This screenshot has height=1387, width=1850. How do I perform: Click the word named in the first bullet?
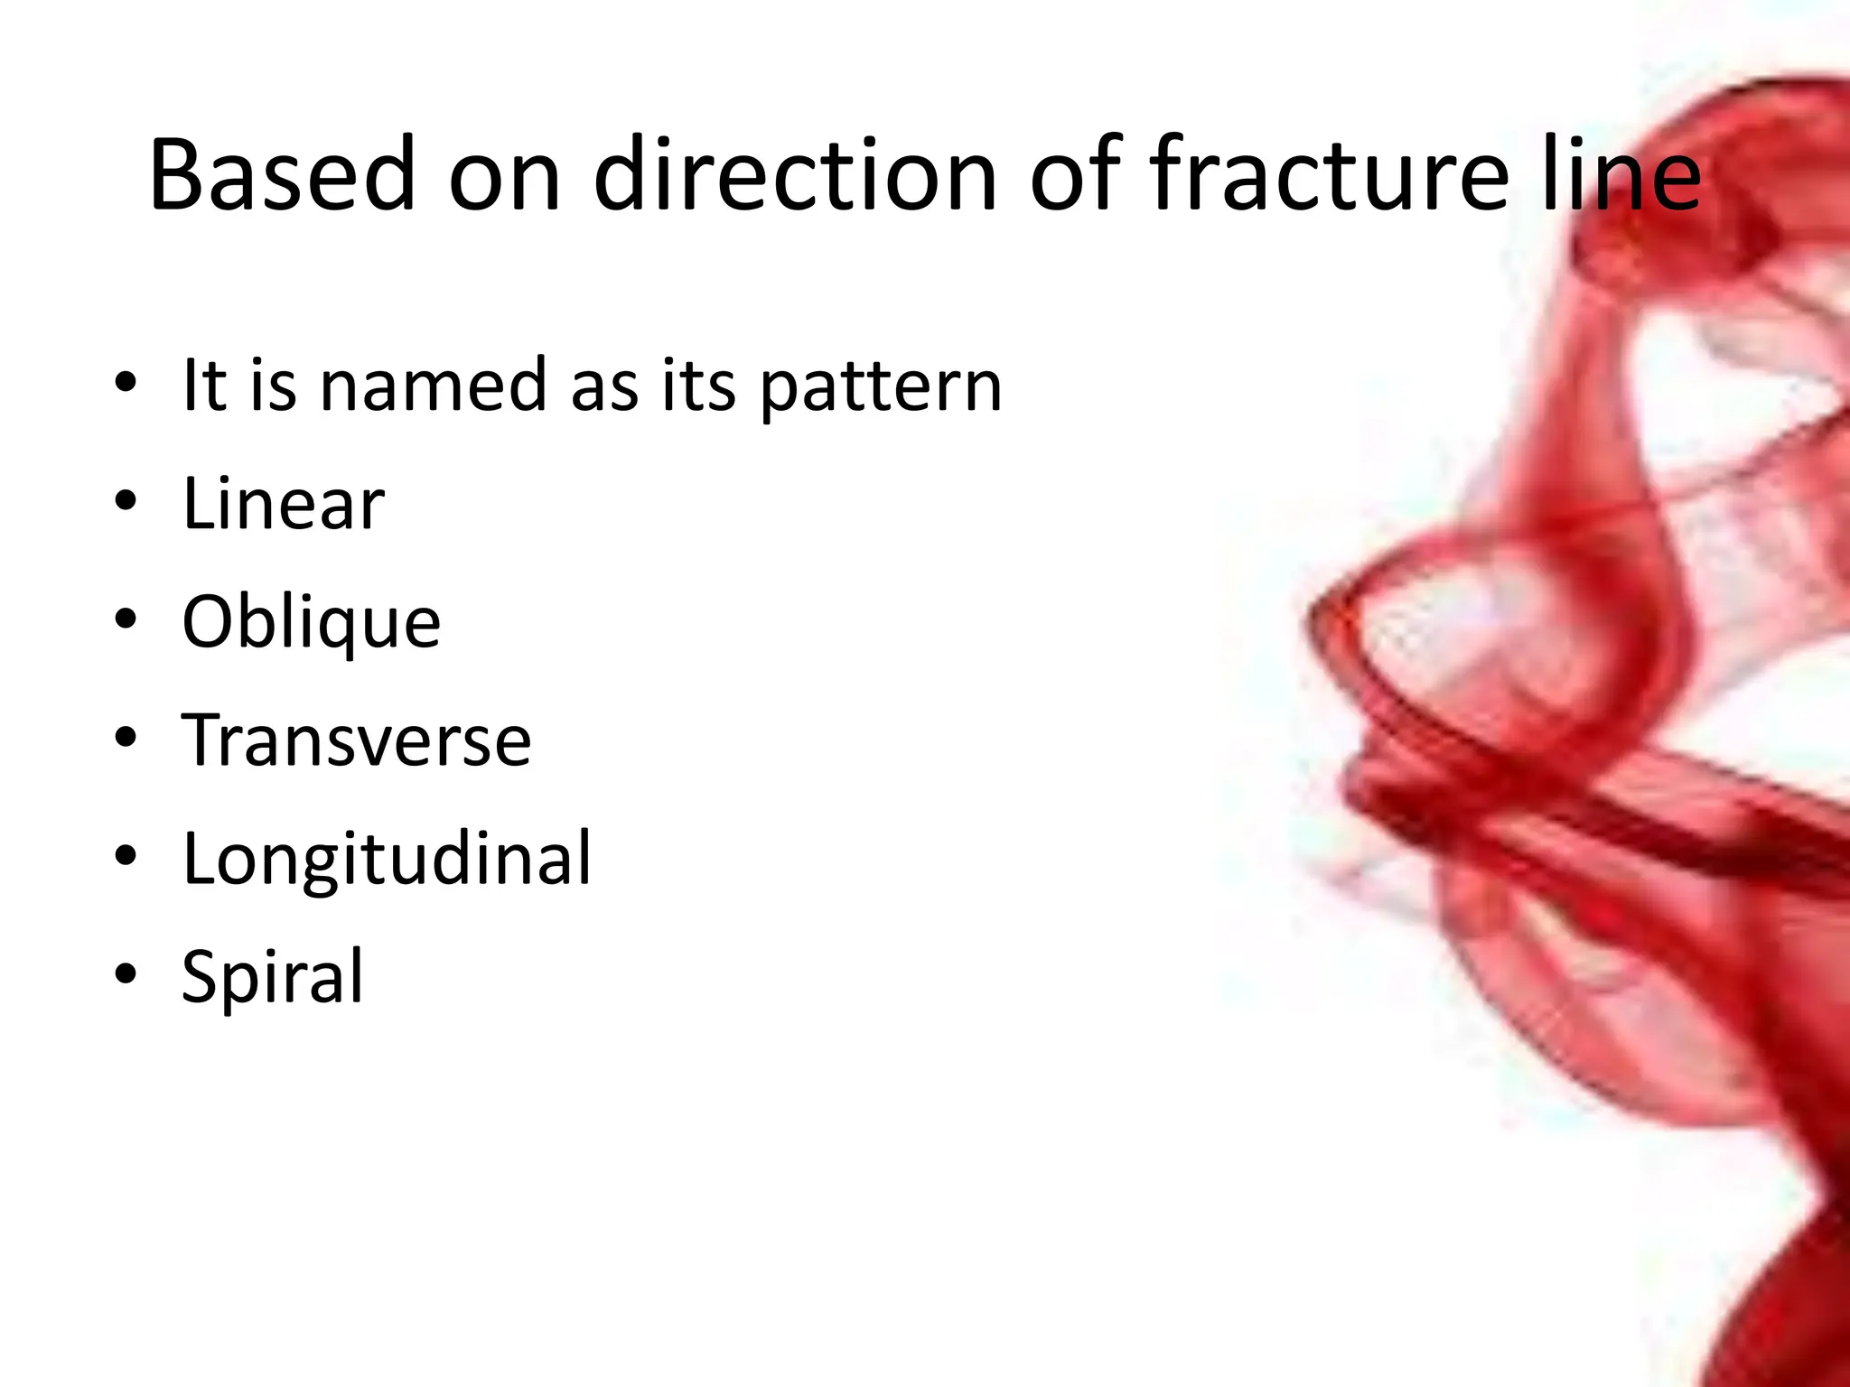click(434, 386)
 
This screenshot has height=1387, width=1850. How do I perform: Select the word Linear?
click(283, 504)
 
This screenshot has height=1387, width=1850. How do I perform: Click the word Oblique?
click(311, 623)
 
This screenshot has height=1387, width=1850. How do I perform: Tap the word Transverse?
click(356, 740)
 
